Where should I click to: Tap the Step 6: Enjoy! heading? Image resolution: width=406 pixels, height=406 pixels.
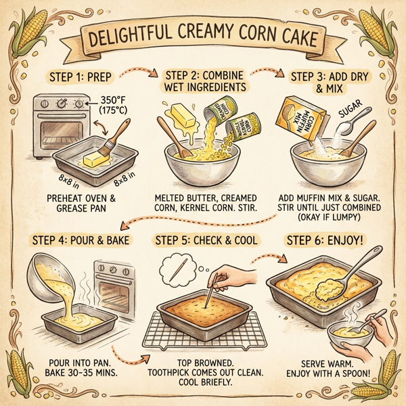[x=325, y=240]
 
